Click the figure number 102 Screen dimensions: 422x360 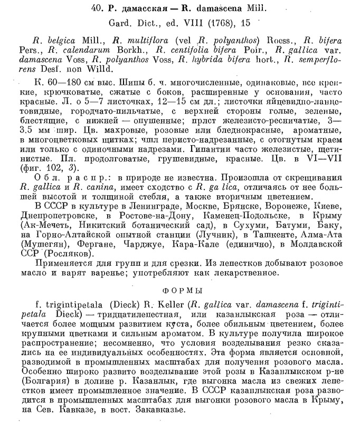tap(49, 169)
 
